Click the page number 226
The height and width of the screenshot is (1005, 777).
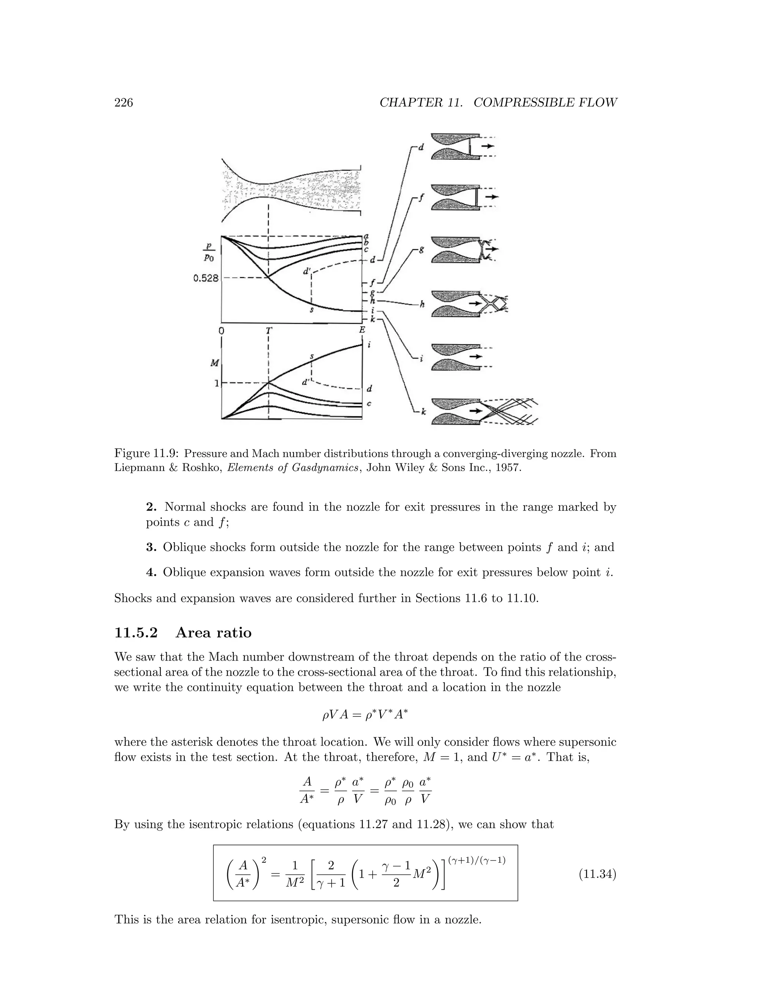point(123,103)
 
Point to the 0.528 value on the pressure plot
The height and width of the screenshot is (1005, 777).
point(206,278)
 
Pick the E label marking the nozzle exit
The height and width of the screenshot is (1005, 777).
point(362,330)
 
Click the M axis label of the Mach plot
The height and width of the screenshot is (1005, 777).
point(214,363)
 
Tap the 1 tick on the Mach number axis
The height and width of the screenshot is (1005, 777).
point(216,383)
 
